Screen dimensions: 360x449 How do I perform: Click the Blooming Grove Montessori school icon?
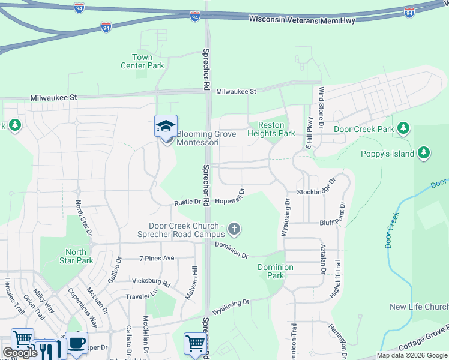(x=166, y=126)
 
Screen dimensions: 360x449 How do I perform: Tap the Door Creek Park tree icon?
(x=404, y=128)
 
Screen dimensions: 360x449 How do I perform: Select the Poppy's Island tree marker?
(x=424, y=152)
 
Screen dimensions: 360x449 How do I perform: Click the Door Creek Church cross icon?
(x=234, y=229)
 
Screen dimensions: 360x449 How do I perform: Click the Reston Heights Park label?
(x=271, y=129)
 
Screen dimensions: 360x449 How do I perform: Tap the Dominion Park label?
(x=275, y=271)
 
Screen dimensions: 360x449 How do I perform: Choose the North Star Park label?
(x=76, y=256)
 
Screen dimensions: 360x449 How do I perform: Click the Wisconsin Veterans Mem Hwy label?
(x=303, y=20)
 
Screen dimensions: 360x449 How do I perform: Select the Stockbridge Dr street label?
(x=314, y=193)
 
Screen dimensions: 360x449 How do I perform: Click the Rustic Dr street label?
(x=187, y=202)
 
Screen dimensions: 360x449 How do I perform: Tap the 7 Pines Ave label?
(x=157, y=258)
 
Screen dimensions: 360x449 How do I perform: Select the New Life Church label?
(x=418, y=307)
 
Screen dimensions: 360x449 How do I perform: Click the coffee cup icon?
(x=76, y=343)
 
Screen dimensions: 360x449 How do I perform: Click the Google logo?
(x=19, y=353)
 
